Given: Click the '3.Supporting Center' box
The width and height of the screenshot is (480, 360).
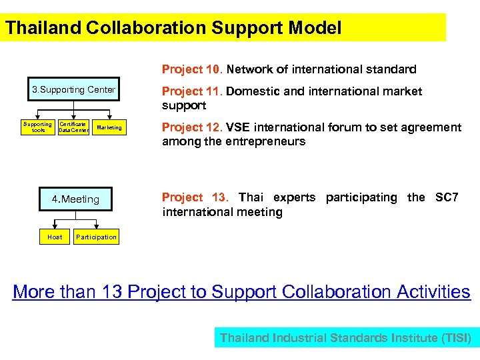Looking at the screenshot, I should point(74,90).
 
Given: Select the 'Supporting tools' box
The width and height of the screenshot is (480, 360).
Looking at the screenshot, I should point(37,127).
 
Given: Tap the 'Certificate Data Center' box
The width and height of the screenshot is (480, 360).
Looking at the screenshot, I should point(73,127).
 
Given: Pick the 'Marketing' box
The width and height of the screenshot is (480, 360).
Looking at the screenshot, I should point(109,127).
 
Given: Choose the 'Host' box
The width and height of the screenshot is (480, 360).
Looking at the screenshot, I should point(55,237).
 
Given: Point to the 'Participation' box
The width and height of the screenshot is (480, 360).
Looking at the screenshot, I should point(96,237).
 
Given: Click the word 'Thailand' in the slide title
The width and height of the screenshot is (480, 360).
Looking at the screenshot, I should point(44,28).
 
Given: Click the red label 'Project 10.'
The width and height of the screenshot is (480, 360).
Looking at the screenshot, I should point(192,69).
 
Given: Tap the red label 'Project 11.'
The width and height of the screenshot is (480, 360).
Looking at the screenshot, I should point(192,91).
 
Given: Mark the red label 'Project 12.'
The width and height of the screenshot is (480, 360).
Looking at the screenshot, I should point(192,127).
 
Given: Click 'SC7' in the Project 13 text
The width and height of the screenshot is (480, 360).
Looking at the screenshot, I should point(446,197).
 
